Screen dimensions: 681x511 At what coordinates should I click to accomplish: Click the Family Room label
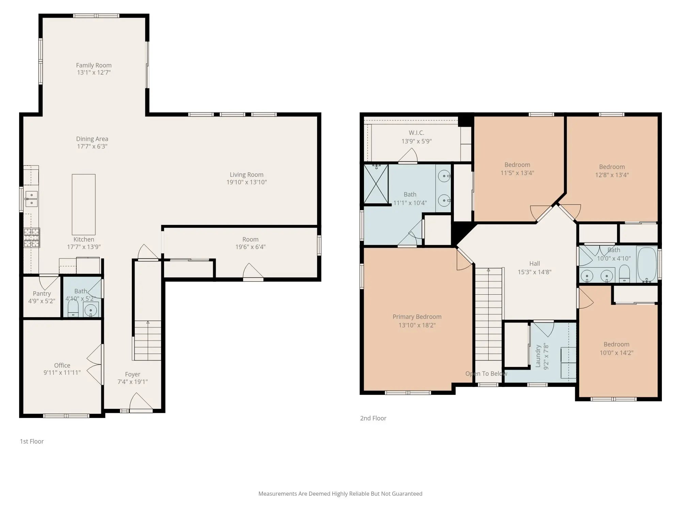94,65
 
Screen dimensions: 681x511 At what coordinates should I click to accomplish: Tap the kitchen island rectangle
83,204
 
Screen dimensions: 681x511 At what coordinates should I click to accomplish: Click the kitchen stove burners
31,237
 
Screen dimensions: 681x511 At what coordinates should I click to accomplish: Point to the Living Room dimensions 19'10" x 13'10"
247,182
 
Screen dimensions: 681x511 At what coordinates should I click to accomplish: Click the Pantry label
42,293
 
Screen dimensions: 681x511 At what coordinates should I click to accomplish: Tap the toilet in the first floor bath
73,308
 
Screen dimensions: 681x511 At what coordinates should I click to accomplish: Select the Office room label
62,365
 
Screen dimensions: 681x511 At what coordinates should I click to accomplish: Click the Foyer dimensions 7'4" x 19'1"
132,382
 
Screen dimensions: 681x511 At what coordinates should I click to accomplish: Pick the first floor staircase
147,340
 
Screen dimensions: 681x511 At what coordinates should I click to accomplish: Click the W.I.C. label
416,133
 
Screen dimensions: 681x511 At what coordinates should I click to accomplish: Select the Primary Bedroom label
417,316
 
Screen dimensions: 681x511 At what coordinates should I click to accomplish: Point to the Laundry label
538,356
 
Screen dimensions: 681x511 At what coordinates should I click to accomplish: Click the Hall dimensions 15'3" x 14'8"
534,272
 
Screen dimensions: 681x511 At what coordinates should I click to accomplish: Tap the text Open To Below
486,373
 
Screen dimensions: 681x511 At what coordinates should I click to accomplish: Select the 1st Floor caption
32,441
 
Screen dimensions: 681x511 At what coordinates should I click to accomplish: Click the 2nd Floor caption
373,418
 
